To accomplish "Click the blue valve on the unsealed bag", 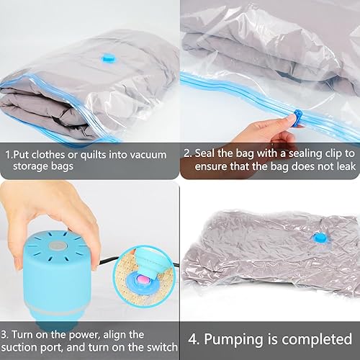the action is point(107,58).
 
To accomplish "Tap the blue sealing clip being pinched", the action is point(298,117).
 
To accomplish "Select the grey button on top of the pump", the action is point(58,246).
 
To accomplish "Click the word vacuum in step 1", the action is point(148,155).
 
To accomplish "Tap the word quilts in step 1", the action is point(93,156).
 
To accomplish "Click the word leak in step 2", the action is point(346,166).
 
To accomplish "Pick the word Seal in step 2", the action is point(205,153).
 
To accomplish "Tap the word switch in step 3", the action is point(161,347).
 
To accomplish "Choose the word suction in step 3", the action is point(17,348).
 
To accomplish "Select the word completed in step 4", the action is point(317,340).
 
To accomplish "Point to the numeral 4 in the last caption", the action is point(192,339).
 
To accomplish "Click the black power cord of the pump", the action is point(107,261).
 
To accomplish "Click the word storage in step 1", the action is point(30,166).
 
